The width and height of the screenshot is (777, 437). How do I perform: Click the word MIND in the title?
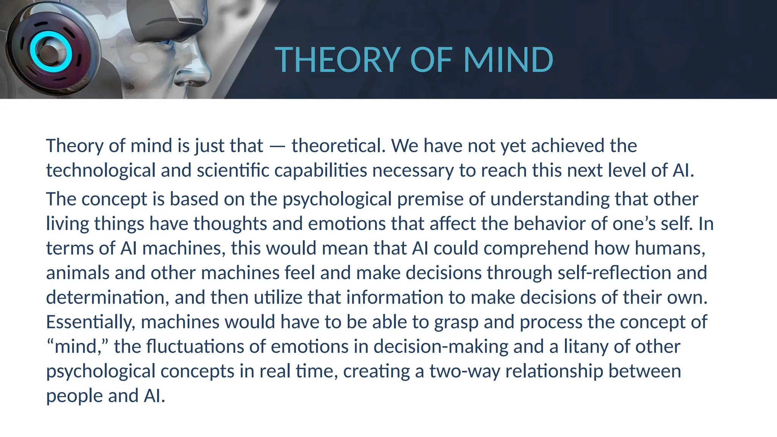coord(508,60)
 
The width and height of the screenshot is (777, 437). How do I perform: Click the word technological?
coord(101,171)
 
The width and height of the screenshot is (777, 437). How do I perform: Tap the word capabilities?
coord(321,171)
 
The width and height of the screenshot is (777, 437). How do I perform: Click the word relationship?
coord(554,371)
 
